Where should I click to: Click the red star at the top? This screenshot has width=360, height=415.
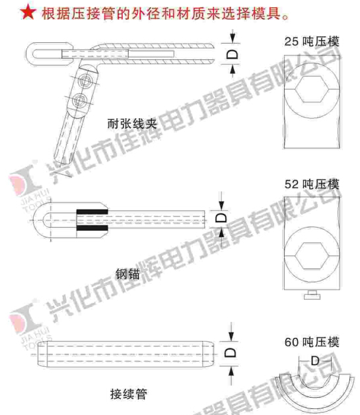coord(28,13)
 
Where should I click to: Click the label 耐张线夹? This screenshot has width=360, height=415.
coord(132,124)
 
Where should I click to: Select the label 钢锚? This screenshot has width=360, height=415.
coord(127,274)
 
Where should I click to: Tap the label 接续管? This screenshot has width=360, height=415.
coord(128,394)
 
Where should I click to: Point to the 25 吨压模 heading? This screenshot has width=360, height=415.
coord(312,42)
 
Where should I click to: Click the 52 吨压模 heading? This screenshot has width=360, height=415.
coord(312,184)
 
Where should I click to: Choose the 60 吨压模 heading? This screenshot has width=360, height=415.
coord(312,342)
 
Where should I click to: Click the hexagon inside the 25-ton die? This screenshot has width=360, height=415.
coord(312,89)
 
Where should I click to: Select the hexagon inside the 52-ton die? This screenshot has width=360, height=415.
coord(312,256)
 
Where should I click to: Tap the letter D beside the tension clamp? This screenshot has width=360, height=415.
coord(233,55)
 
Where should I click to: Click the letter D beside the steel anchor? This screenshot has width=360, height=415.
coord(221,218)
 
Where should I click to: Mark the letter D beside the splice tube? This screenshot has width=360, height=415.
coord(230,352)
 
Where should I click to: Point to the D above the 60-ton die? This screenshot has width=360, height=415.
coord(315,361)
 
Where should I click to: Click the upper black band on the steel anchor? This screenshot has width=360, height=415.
coord(92,212)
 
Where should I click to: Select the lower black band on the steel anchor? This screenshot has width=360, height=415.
coord(92,228)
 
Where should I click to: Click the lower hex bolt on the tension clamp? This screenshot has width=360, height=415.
coord(79,100)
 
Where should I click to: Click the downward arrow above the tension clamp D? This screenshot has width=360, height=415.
coord(233,36)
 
